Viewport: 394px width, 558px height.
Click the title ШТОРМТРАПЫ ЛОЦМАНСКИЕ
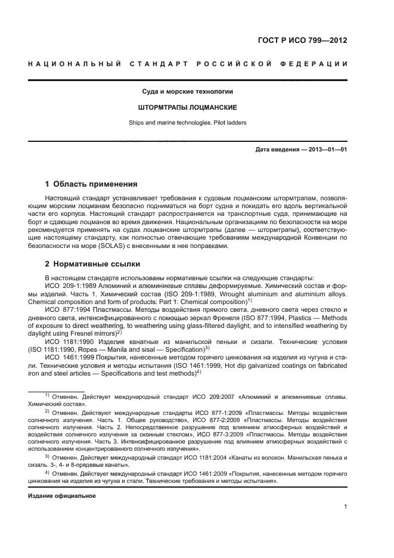point(187,108)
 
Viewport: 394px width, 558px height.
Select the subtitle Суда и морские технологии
point(187,92)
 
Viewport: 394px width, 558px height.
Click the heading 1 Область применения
point(91,184)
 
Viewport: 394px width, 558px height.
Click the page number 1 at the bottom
point(345,507)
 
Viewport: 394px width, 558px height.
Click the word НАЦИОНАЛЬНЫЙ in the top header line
point(75,64)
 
